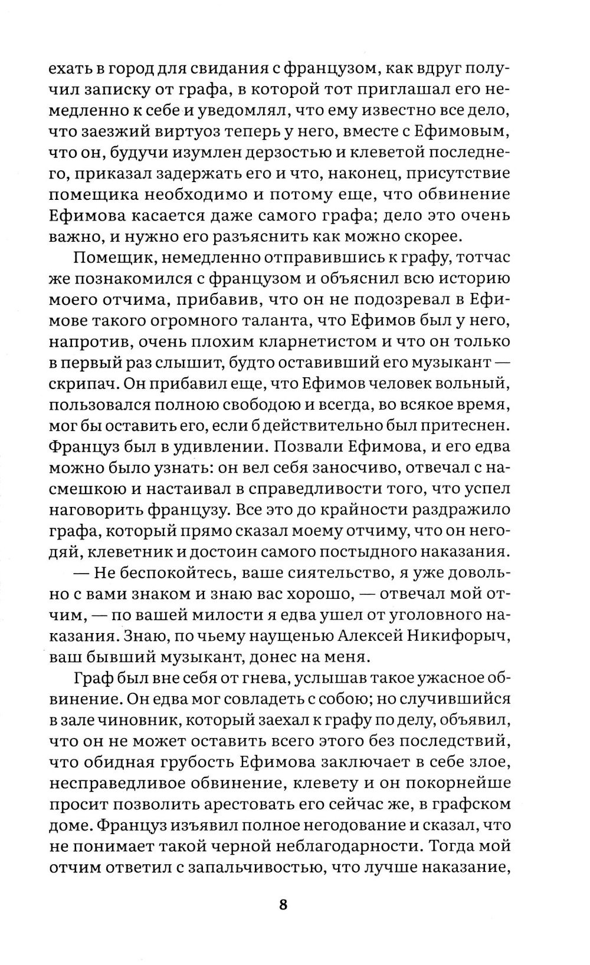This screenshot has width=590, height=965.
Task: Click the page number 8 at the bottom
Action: pos(283,905)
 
